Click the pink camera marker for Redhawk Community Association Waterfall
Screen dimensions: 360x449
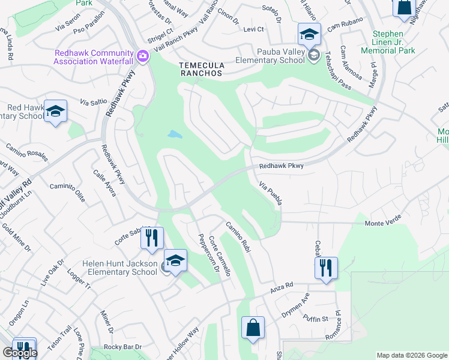pyautogui.click(x=143, y=57)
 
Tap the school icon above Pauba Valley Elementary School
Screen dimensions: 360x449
pyautogui.click(x=309, y=34)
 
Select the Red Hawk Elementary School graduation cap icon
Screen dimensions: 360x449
pyautogui.click(x=55, y=112)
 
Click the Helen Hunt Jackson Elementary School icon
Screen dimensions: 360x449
pyautogui.click(x=175, y=261)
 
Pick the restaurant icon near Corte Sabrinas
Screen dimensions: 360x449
pyautogui.click(x=152, y=238)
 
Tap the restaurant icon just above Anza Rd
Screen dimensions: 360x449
pyautogui.click(x=326, y=268)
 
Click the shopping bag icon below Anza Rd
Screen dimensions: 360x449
pyautogui.click(x=253, y=328)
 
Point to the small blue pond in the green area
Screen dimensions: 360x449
pyautogui.click(x=175, y=134)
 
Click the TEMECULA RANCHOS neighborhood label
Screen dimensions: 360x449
pyautogui.click(x=200, y=69)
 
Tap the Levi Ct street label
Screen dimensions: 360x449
pyautogui.click(x=253, y=29)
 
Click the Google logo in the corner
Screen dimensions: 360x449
pyautogui.click(x=20, y=353)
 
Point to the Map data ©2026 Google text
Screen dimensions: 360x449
pyautogui.click(x=411, y=355)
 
